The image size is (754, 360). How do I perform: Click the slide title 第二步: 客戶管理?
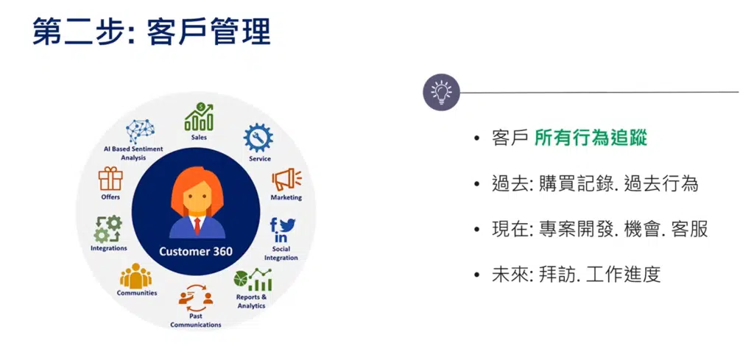(152, 32)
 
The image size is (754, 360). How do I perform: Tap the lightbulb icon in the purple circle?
(442, 92)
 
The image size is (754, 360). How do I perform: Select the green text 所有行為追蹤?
(591, 138)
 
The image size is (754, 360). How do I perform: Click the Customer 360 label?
(196, 251)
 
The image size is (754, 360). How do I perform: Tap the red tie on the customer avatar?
(197, 225)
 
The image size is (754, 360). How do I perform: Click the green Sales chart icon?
(199, 117)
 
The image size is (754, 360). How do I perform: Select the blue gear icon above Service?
(258, 138)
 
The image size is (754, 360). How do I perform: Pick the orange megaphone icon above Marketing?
(286, 180)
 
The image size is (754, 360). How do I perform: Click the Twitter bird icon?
(288, 225)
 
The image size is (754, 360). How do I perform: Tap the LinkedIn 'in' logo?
(281, 238)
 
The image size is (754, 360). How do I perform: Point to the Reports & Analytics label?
(251, 301)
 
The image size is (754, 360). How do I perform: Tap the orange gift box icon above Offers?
(110, 179)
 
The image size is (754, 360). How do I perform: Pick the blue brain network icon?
(140, 131)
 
